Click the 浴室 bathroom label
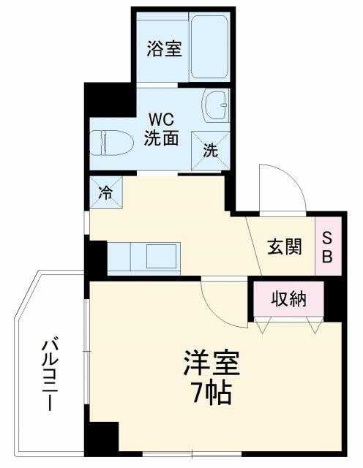pyautogui.click(x=165, y=49)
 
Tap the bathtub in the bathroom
pyautogui.click(x=209, y=47)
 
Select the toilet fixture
pyautogui.click(x=111, y=143)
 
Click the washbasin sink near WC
pyautogui.click(x=216, y=105)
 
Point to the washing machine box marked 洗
pyautogui.click(x=211, y=151)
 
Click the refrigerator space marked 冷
pyautogui.click(x=106, y=192)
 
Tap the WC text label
pyautogui.click(x=161, y=120)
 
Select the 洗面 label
pyautogui.click(x=162, y=137)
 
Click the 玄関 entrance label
pyautogui.click(x=285, y=246)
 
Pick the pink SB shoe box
pyautogui.click(x=328, y=246)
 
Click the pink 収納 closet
pyautogui.click(x=289, y=298)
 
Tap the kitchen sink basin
pyautogui.click(x=161, y=256)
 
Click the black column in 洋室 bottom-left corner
pyautogui.click(x=102, y=438)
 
